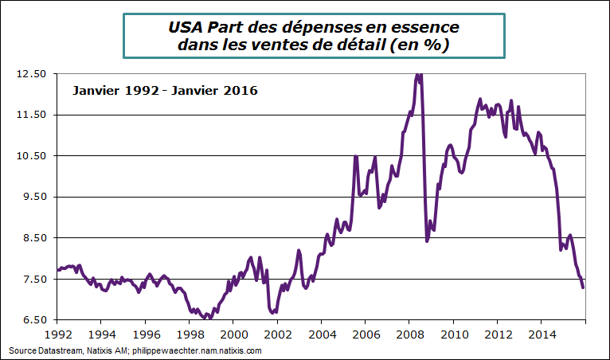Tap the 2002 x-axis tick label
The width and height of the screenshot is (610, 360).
click(x=277, y=335)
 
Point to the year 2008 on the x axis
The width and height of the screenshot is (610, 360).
click(x=409, y=335)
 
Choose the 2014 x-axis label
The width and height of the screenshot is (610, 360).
click(x=542, y=335)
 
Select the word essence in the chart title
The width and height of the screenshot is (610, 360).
click(x=425, y=27)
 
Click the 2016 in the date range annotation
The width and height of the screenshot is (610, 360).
click(x=240, y=91)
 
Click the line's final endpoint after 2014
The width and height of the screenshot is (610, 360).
click(x=584, y=288)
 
